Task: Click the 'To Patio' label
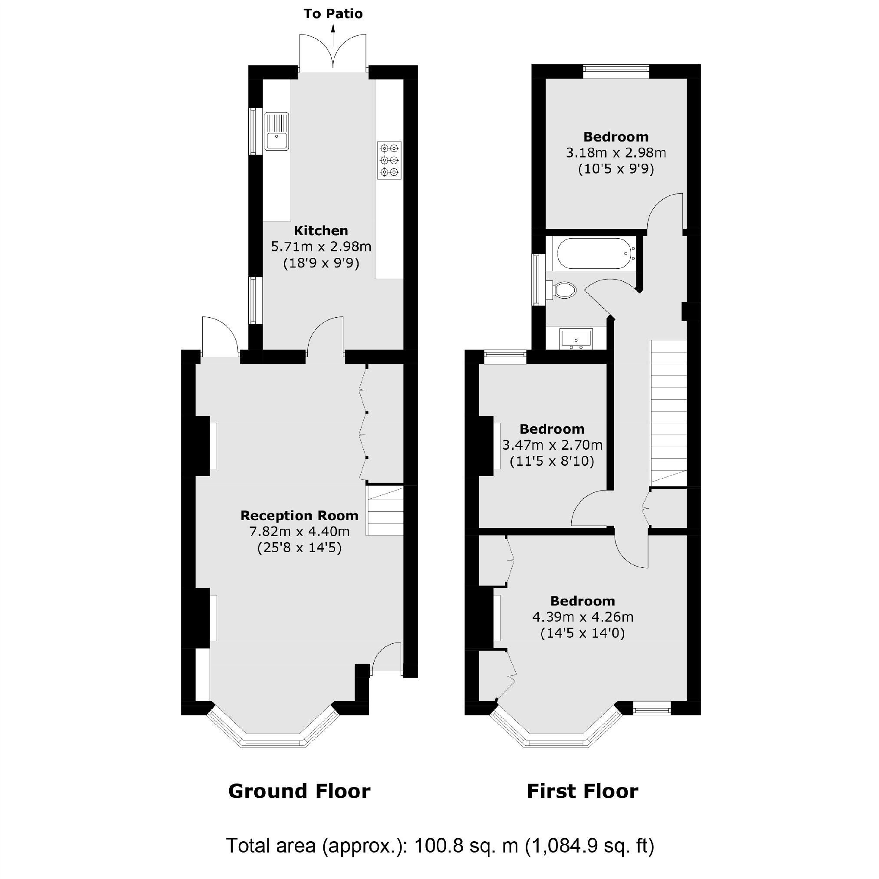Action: coord(333,14)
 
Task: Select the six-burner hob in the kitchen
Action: coord(389,160)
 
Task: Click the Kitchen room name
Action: coord(321,230)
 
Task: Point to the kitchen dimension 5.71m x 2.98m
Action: coord(321,247)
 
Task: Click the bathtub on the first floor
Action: coord(595,253)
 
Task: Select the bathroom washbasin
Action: coord(576,339)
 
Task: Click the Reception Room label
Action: coord(299,516)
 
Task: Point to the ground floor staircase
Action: coord(385,510)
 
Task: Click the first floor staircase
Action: coord(668,413)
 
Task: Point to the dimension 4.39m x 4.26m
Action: coord(583,617)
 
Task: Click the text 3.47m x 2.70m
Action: coord(552,445)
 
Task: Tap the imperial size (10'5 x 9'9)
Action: coord(616,169)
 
